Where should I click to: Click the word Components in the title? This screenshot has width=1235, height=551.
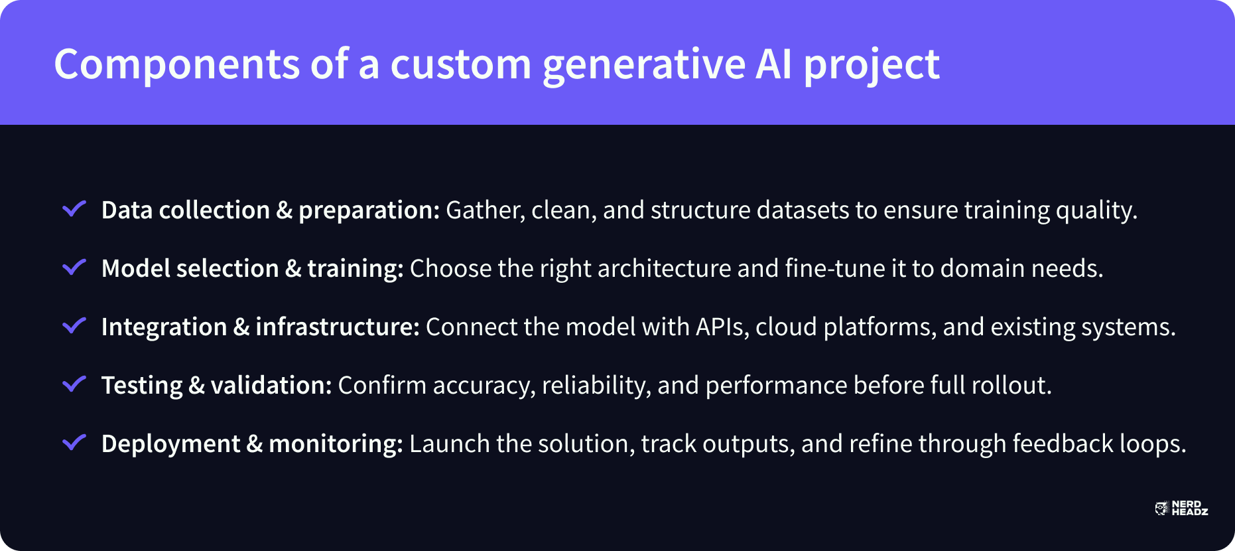click(x=177, y=64)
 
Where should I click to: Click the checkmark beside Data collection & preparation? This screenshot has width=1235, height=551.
click(x=74, y=208)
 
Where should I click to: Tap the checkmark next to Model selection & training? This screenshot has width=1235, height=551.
click(x=74, y=267)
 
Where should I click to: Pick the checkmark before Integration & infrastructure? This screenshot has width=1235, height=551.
click(x=74, y=325)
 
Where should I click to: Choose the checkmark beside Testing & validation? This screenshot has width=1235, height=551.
click(x=74, y=384)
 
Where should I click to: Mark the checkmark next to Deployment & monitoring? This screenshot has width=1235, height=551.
click(x=74, y=442)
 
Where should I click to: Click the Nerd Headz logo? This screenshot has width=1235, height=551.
click(x=1181, y=509)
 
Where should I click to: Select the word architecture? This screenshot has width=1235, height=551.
click(x=664, y=269)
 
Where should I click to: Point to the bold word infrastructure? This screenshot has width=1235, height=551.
click(x=338, y=327)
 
